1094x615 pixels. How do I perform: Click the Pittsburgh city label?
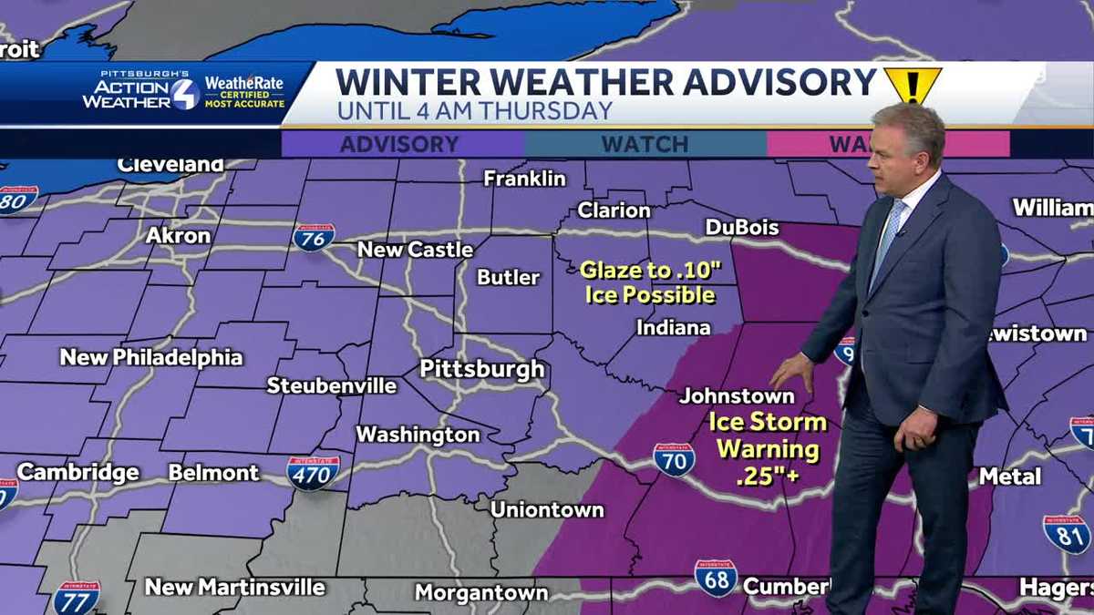481,369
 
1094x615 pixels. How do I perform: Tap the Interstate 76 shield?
314,237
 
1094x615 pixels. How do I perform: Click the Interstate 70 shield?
674,459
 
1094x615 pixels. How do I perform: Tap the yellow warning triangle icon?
912,85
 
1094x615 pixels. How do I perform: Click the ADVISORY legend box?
401,144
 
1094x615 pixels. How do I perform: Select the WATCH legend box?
645,144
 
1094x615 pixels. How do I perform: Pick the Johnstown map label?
737,396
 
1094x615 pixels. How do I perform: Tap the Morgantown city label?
481,593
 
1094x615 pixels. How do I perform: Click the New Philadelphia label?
151,357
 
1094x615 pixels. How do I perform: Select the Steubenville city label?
332,385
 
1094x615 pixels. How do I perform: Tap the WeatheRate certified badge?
243,92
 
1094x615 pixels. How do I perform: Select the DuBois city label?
742,227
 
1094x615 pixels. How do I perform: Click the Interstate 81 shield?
1066,534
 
